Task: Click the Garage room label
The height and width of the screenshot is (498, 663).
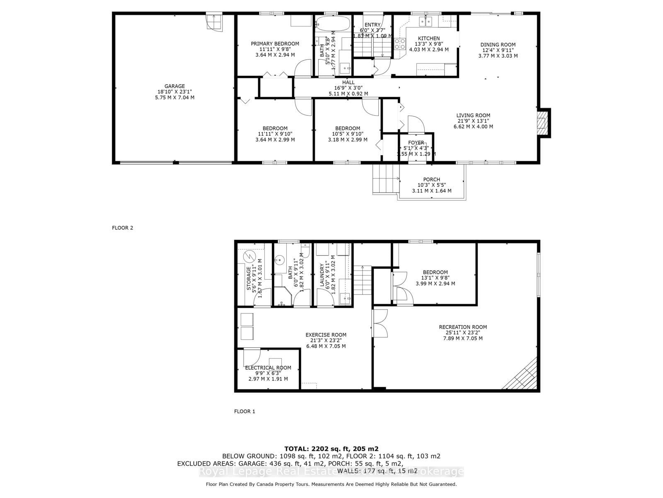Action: pos(174,92)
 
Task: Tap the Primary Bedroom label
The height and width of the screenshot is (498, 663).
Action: pos(275,49)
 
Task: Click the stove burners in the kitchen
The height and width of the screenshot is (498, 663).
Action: pos(400,44)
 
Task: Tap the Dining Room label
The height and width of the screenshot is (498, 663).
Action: pos(498,50)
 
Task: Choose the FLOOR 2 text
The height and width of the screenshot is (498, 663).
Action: pos(122,228)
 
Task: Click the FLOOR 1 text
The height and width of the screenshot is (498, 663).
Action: pos(244,411)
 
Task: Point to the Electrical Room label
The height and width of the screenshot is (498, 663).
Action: pos(268,373)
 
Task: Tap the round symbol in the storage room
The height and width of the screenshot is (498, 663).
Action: pos(250,256)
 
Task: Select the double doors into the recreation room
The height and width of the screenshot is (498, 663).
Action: pos(380,323)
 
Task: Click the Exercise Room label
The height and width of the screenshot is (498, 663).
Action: pos(326,340)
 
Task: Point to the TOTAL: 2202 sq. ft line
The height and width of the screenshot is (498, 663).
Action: pos(331,449)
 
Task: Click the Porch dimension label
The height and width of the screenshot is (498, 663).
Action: pos(431,185)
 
